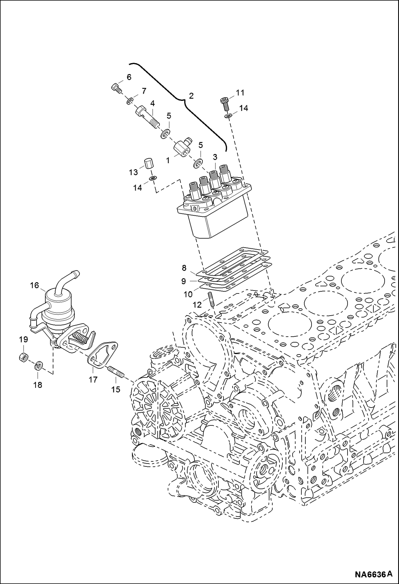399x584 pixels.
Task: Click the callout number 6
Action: point(129,77)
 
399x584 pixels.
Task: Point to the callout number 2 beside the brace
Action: point(191,96)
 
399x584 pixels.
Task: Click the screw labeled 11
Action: point(225,103)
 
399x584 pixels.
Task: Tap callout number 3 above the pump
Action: point(215,156)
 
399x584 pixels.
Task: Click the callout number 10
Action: point(188,294)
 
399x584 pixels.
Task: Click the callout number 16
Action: point(34,285)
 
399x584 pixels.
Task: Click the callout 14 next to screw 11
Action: point(243,108)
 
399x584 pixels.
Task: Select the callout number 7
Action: point(144,91)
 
